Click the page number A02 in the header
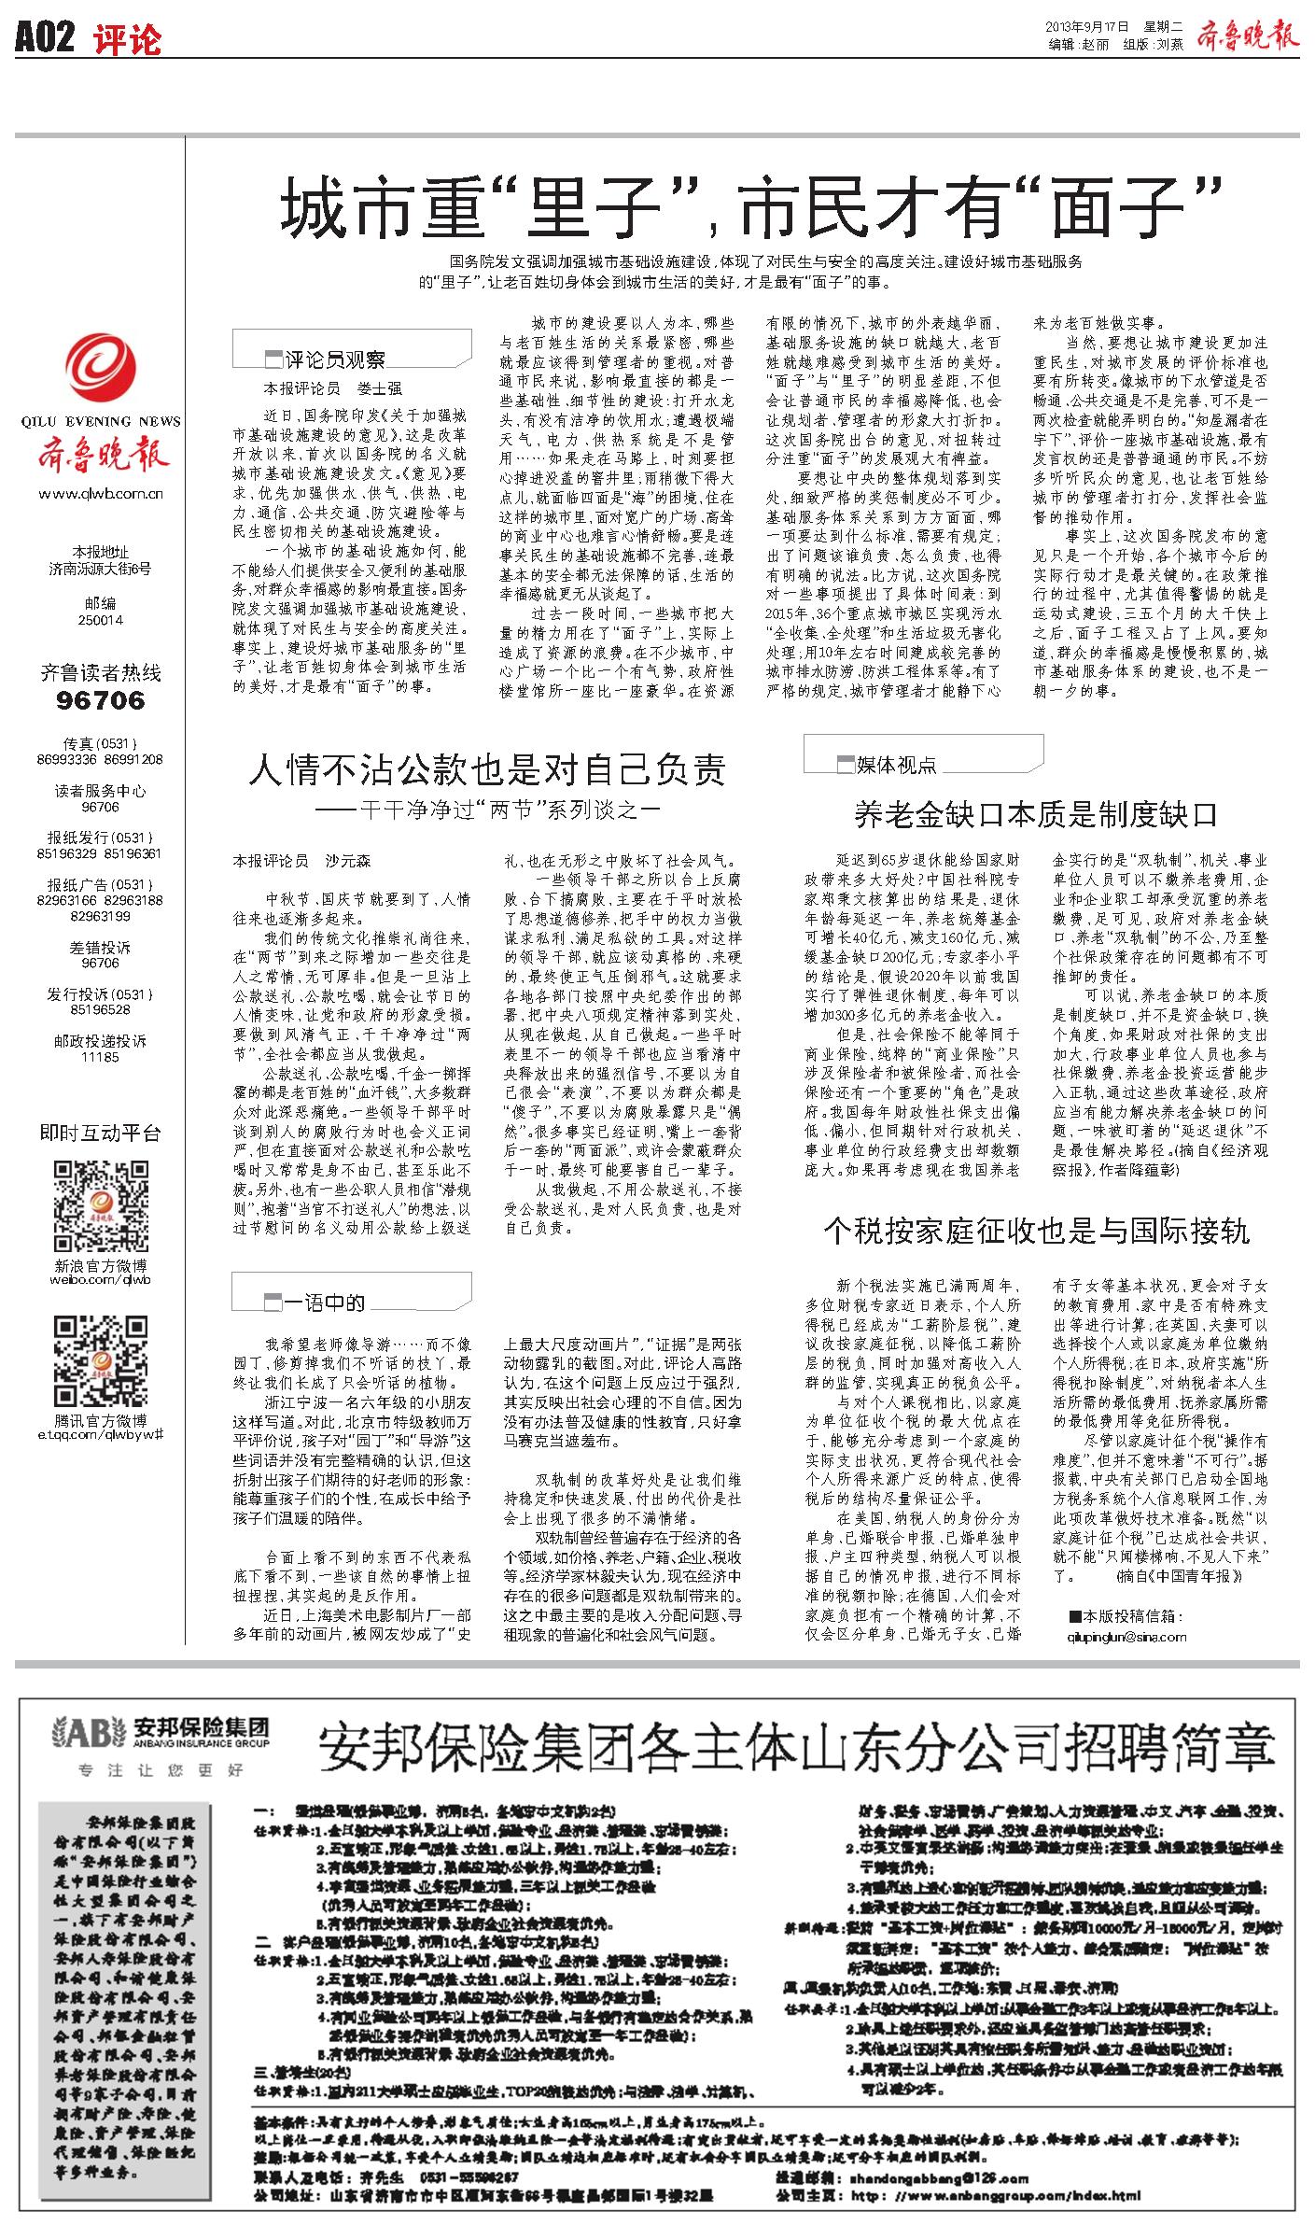45,38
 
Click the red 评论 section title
128,39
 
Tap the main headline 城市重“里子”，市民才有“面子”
752,210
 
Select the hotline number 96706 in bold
101,700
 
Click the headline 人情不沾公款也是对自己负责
486,769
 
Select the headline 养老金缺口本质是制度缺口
1036,815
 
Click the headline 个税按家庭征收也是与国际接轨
1036,1231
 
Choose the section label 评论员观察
335,359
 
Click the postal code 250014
101,620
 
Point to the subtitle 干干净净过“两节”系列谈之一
486,810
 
